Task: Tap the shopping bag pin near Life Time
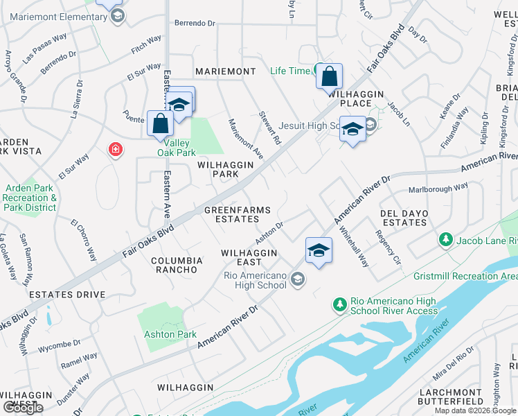pyautogui.click(x=330, y=76)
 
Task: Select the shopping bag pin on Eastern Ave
pyautogui.click(x=161, y=123)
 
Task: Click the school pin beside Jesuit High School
pyautogui.click(x=352, y=130)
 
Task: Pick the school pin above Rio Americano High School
pyautogui.click(x=319, y=250)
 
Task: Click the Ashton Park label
pyautogui.click(x=170, y=334)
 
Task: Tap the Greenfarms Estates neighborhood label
pyautogui.click(x=231, y=214)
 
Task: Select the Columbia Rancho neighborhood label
pyautogui.click(x=177, y=266)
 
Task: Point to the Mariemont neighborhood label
pyautogui.click(x=226, y=71)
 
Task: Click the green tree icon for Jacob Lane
pyautogui.click(x=445, y=240)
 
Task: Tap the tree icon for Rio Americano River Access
pyautogui.click(x=339, y=304)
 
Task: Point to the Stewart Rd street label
pyautogui.click(x=270, y=128)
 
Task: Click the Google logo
pyautogui.click(x=23, y=407)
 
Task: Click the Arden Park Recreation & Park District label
pyautogui.click(x=30, y=198)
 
